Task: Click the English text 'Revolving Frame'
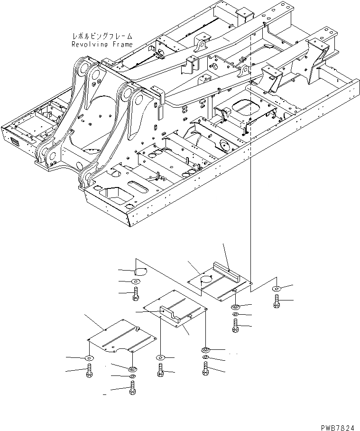click(x=102, y=44)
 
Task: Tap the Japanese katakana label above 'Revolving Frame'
click(x=102, y=36)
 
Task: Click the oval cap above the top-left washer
click(x=140, y=271)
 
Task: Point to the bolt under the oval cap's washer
click(x=136, y=295)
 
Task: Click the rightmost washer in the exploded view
click(x=277, y=289)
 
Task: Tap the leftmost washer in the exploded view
click(x=88, y=357)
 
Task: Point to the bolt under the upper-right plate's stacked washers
click(x=236, y=325)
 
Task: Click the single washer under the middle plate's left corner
click(x=160, y=357)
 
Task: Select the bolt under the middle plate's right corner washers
click(x=205, y=368)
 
